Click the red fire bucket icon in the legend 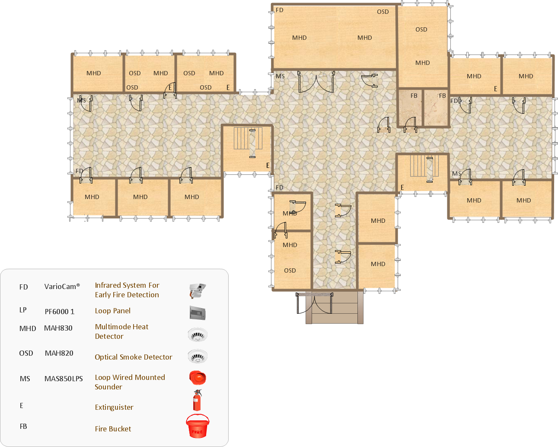point(198,426)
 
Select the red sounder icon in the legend point(198,378)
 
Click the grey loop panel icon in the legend point(198,313)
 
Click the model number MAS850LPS point(64,379)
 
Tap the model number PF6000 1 point(60,312)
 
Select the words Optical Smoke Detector point(133,357)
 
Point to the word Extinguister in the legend point(114,407)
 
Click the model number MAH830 point(58,328)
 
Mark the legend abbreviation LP point(23,310)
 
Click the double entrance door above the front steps point(314,303)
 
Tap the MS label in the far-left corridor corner point(81,100)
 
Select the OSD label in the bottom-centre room point(290,270)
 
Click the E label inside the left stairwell point(268,165)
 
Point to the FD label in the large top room point(279,10)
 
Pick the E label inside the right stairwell point(402,187)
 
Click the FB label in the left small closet point(414,96)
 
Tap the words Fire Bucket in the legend point(113,429)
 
